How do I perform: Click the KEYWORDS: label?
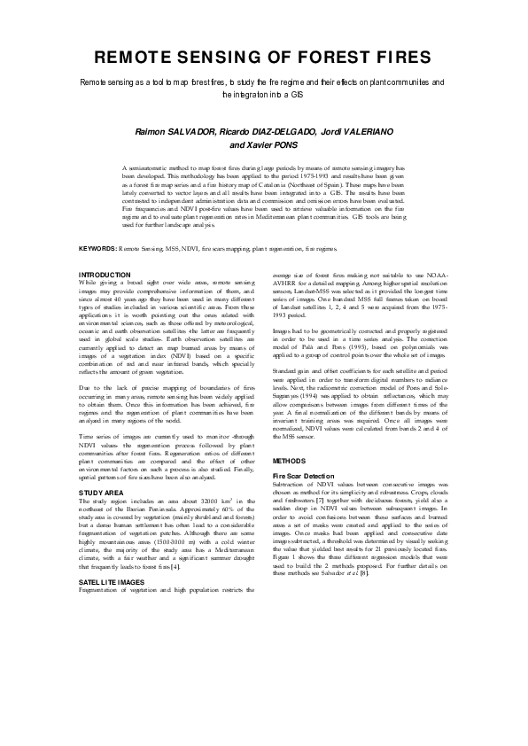(98, 251)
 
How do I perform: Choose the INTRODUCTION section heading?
(105, 275)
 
